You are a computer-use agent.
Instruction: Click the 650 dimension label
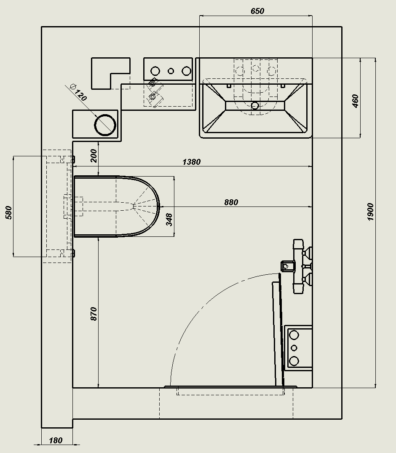tap(257, 11)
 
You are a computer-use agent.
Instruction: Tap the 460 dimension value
tap(356, 101)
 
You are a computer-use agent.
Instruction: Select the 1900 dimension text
tap(371, 212)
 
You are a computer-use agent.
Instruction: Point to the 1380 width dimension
tap(192, 162)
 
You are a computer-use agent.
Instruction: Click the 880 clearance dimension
tap(231, 202)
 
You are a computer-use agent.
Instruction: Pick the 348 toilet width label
tap(169, 220)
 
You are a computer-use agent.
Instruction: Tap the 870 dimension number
tap(94, 314)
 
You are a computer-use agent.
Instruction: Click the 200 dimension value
tap(94, 156)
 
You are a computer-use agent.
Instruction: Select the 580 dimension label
tap(9, 212)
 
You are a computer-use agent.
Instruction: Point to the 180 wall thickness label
tap(56, 440)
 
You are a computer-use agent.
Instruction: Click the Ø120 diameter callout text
tap(78, 92)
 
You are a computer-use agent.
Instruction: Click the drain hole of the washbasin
tap(255, 106)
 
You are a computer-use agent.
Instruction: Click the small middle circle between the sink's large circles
tap(171, 71)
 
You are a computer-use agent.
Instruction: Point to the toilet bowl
tap(117, 206)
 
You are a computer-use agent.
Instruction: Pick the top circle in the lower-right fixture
tap(294, 335)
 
